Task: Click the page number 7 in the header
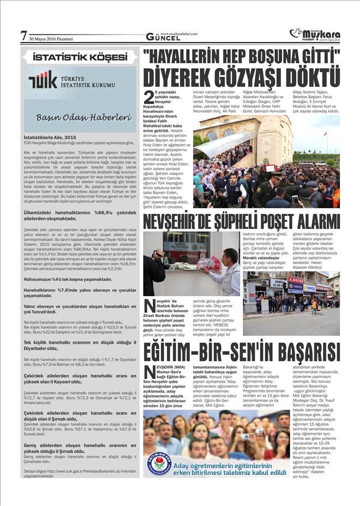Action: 23,35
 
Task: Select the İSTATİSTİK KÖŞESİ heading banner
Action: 79,57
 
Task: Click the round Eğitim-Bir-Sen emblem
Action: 158,463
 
